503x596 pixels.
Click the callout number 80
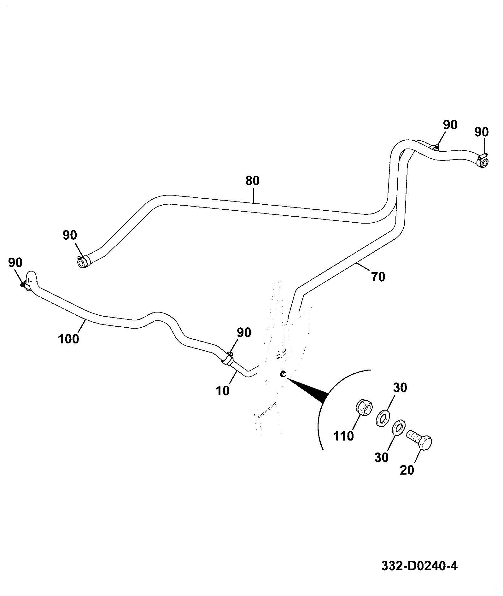click(x=252, y=181)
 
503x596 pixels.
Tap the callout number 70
click(x=378, y=277)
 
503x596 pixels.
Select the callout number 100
click(x=69, y=339)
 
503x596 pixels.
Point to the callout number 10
click(x=223, y=391)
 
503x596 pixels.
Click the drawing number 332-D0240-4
click(x=419, y=566)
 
